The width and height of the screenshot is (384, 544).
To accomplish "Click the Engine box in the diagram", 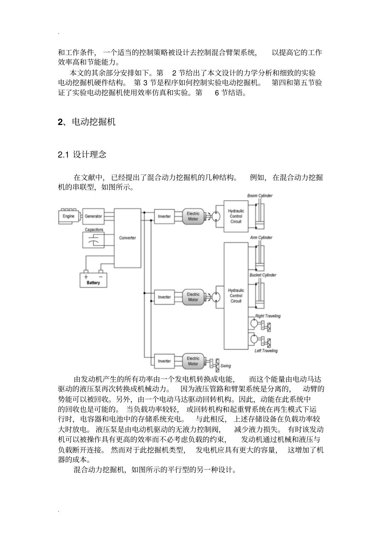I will coord(68,216).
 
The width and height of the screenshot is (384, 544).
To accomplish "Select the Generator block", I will coord(93,216).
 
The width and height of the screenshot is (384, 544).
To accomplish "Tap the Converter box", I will coord(127,238).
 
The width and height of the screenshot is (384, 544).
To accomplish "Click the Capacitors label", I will coord(94,230).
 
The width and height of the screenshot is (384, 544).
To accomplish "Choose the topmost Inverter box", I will coord(164,216).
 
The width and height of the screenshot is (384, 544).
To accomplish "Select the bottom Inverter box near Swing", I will coord(164,361).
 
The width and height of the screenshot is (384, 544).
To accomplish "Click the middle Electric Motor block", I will coord(193,297).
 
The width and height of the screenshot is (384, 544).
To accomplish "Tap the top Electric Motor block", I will coord(193,216).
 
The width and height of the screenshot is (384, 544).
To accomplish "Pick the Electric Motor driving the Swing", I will coord(193,361).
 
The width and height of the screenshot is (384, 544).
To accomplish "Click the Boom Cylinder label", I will coord(260,196).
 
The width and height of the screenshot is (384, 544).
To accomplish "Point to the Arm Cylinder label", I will coord(261,237).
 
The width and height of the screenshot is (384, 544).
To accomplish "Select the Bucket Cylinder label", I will coord(263,275).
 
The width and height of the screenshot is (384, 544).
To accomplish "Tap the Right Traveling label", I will coord(268,316).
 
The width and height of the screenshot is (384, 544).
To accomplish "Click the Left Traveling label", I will coord(266,351).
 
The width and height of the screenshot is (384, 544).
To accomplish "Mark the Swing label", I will coord(226,366).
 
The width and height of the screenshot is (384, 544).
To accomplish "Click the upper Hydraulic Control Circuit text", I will coord(236,216).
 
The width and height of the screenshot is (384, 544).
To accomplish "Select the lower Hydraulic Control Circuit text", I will coord(236,296).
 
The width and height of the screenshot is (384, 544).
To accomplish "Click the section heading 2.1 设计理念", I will coord(82,154).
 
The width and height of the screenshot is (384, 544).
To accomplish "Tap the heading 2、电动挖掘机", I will coord(87,122).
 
